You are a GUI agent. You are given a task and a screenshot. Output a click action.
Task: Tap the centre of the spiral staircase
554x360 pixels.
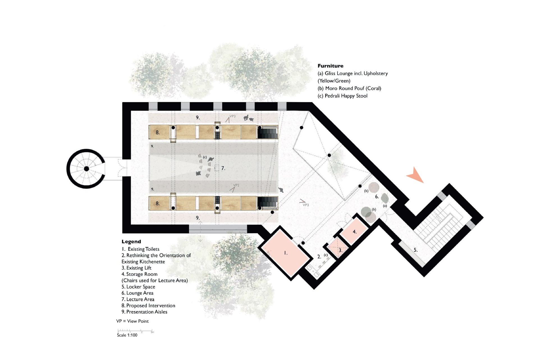tap(86, 169)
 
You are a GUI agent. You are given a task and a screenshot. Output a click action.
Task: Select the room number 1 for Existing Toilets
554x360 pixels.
tap(286, 253)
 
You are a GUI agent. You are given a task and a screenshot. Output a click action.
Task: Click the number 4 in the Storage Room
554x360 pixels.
tap(355, 232)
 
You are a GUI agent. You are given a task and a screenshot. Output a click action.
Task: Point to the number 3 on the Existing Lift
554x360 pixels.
tap(340, 250)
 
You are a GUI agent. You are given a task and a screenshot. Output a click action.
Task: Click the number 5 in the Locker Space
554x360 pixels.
tap(416, 250)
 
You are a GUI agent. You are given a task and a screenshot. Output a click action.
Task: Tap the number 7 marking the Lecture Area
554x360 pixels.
tap(223, 168)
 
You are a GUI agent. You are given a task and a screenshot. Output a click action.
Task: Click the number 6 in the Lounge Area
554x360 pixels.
tap(377, 197)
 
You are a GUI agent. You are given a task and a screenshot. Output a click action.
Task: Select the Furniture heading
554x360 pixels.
tap(330, 66)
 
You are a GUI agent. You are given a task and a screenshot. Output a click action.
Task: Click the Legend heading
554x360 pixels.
tap(131, 242)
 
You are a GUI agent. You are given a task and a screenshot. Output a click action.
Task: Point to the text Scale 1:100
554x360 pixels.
tap(127, 335)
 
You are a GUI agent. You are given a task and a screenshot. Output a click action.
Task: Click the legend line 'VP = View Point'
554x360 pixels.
tap(132, 321)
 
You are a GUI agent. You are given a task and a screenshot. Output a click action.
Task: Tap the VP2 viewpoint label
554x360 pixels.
tap(236, 185)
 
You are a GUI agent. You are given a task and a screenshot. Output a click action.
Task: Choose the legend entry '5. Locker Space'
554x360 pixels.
tap(138, 287)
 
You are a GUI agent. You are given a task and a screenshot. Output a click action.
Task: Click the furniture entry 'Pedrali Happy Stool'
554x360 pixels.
tap(342, 96)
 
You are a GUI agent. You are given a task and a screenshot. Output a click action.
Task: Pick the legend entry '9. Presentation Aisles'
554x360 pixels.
tap(144, 312)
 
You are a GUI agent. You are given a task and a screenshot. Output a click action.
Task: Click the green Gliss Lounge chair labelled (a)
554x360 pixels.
tap(385, 198)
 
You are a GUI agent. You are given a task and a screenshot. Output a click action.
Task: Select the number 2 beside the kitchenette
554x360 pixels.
tap(319, 256)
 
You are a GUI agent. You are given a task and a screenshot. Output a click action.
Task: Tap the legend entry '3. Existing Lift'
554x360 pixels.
tap(136, 268)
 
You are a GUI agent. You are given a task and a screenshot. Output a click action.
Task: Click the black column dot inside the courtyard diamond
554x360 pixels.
tap(329, 155)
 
